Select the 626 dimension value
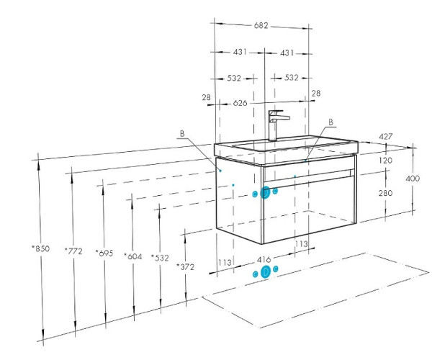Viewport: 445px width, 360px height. click(x=241, y=103)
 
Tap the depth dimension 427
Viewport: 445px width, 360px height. click(x=386, y=137)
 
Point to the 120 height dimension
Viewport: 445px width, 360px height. click(x=386, y=161)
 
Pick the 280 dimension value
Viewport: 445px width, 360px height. click(x=386, y=193)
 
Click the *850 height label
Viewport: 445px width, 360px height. click(x=41, y=249)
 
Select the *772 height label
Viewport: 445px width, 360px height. click(x=73, y=251)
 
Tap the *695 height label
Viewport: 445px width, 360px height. click(x=104, y=254)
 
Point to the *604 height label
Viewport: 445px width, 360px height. click(x=132, y=256)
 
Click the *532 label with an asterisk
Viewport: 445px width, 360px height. click(x=161, y=258)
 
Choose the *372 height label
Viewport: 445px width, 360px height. click(x=186, y=267)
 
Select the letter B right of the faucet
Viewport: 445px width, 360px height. click(x=331, y=122)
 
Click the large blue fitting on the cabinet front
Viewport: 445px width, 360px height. click(x=265, y=192)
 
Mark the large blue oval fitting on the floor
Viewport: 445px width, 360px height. click(x=265, y=271)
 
